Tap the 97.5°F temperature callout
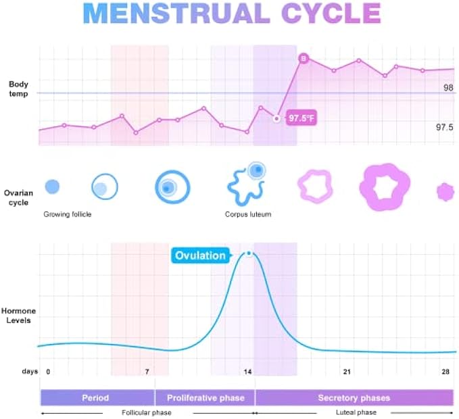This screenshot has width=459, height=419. [300, 118]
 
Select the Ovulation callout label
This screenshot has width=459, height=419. [200, 255]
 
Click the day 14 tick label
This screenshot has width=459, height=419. [248, 372]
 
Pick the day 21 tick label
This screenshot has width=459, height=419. [347, 372]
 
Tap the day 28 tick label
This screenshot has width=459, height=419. [446, 372]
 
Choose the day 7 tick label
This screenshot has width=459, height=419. [147, 372]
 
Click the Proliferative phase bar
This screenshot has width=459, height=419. [204, 397]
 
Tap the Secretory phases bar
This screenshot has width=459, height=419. [354, 397]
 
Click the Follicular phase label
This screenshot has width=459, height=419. [147, 412]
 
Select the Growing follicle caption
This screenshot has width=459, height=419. [68, 214]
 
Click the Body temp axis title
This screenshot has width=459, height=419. [19, 89]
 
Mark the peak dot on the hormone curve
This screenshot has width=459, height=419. [249, 253]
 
